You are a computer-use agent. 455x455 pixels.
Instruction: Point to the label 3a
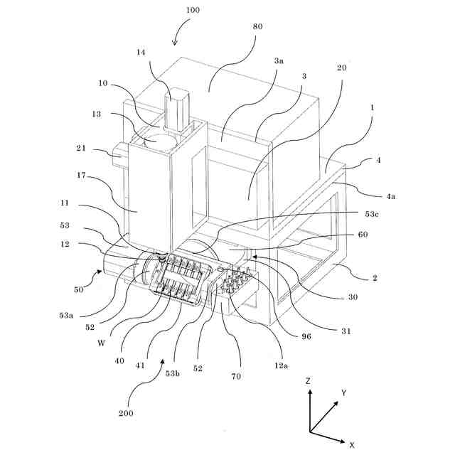279,62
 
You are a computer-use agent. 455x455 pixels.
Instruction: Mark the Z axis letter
308,381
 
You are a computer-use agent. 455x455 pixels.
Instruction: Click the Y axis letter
343,392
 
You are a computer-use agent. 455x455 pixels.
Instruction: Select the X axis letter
351,444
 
